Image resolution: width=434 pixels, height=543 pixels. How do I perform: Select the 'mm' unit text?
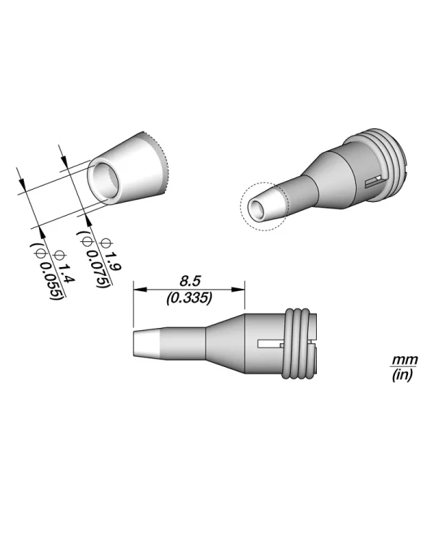click(x=399, y=360)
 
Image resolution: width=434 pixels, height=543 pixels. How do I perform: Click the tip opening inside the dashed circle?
click(x=257, y=209)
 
